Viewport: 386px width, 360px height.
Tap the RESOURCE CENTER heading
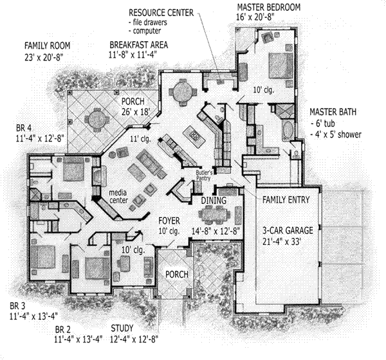click(160, 13)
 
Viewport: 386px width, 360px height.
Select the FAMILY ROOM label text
click(47, 46)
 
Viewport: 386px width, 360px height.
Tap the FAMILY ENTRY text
click(288, 200)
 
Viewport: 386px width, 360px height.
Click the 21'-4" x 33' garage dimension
click(287, 241)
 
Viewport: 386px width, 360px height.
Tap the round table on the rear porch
click(97, 117)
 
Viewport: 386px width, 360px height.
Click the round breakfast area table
click(182, 89)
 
